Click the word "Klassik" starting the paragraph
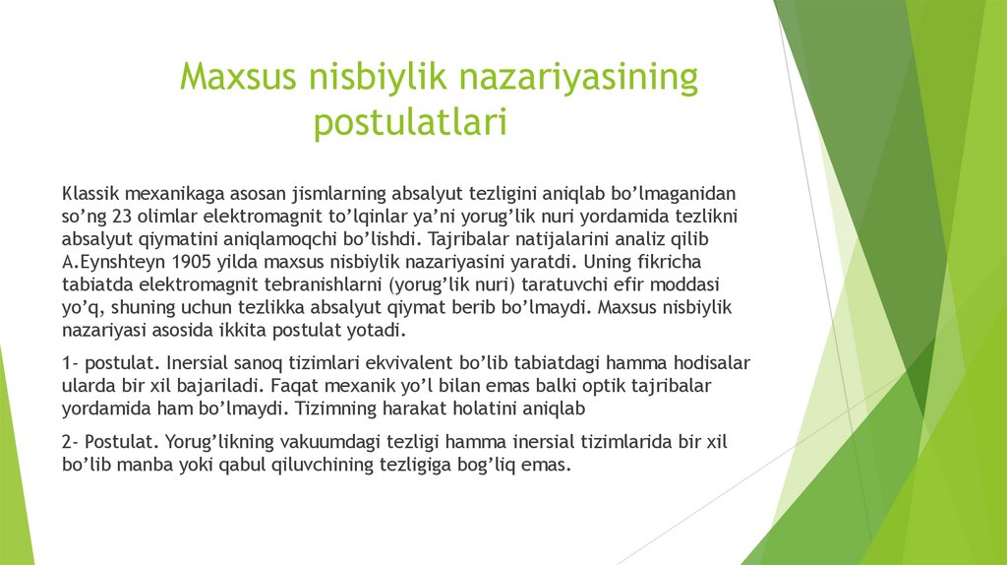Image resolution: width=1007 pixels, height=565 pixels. [x=90, y=193]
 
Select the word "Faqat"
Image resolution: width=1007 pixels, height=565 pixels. [x=290, y=384]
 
